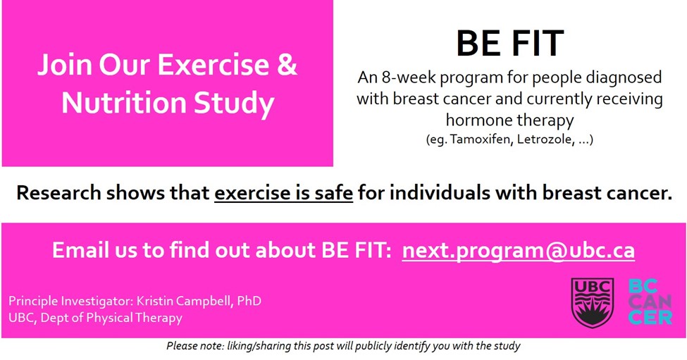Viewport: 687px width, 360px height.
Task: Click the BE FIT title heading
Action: [x=509, y=44]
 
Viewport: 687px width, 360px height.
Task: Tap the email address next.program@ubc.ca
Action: [x=518, y=250]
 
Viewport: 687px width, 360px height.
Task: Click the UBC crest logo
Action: [x=588, y=302]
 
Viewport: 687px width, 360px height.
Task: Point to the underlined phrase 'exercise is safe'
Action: [x=283, y=192]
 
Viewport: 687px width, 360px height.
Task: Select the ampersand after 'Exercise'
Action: [x=285, y=66]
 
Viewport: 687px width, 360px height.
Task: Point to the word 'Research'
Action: [x=60, y=192]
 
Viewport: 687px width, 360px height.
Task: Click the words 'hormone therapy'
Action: [x=509, y=120]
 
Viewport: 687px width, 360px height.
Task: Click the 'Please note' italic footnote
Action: [x=343, y=346]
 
